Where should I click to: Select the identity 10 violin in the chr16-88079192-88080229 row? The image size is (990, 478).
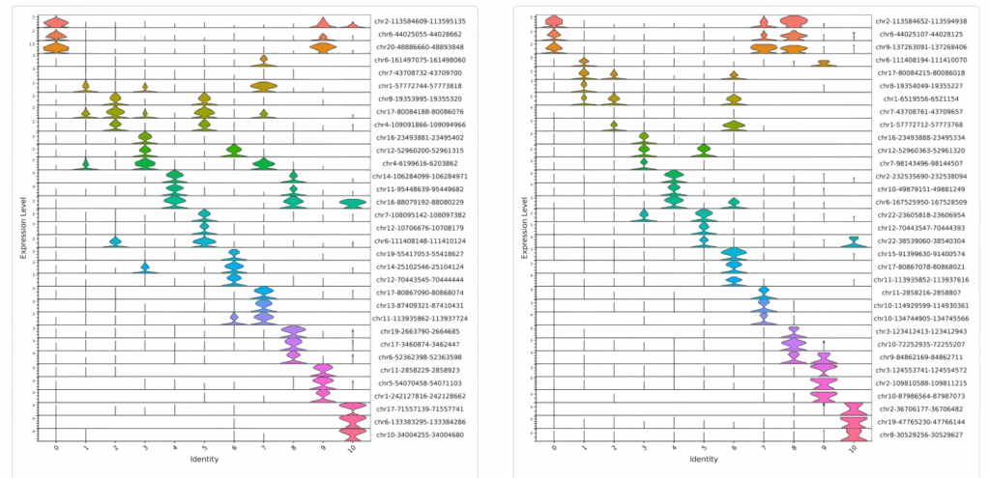(x=354, y=202)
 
